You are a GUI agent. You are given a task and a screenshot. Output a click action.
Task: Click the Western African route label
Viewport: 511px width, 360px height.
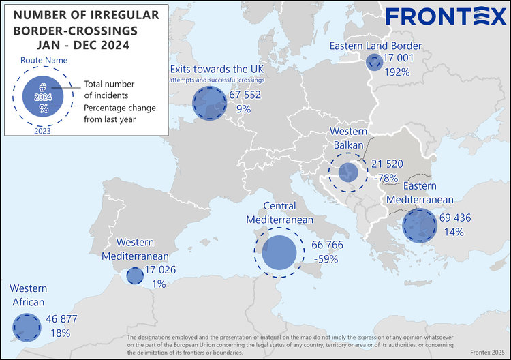[28, 296]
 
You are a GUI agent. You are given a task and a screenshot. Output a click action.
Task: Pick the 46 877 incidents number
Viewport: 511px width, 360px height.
[62, 319]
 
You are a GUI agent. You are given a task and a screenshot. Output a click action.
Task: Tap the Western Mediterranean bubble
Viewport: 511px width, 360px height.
[134, 275]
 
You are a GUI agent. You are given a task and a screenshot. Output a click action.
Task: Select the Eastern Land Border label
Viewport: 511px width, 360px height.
[375, 46]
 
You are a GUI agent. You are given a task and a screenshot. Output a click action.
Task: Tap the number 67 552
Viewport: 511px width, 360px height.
[245, 95]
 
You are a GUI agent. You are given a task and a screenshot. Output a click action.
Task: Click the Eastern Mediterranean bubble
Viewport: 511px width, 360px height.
[419, 226]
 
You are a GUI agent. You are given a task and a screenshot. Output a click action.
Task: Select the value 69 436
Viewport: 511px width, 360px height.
[455, 218]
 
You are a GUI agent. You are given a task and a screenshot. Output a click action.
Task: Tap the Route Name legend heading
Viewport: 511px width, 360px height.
[42, 61]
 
